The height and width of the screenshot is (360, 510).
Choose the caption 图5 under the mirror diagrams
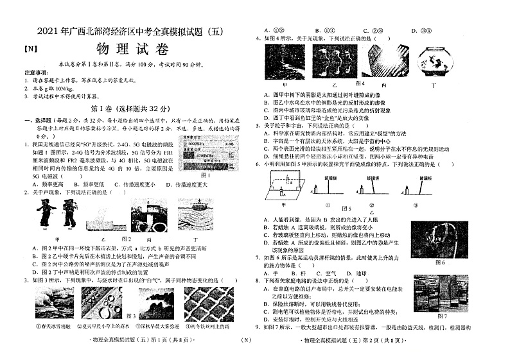[x=347, y=209]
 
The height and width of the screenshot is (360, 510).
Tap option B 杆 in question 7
[x=301, y=273]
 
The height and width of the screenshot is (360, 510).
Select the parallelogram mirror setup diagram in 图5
[x=282, y=189]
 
